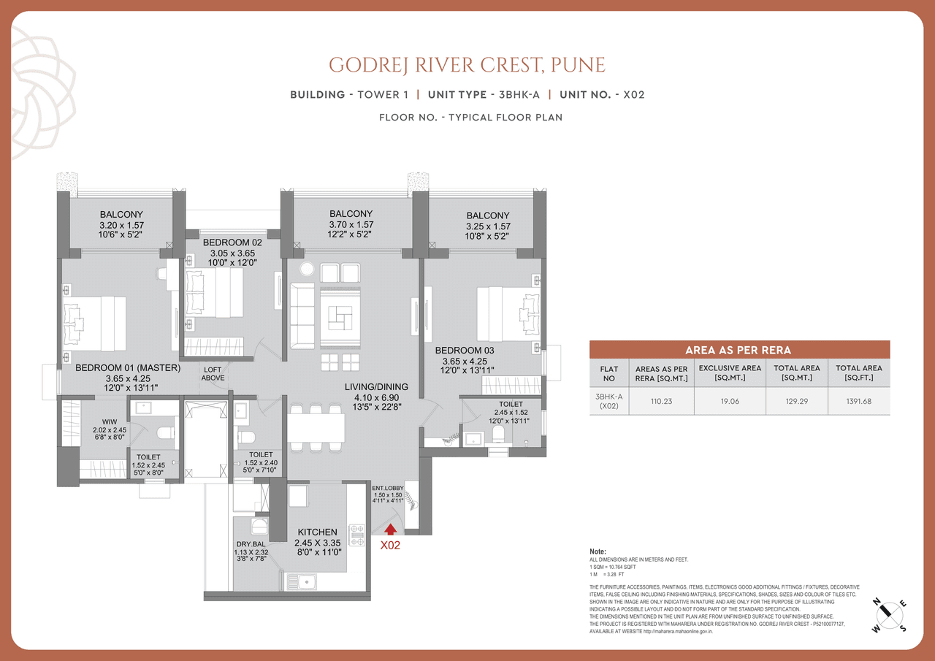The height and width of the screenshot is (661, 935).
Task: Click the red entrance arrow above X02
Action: [x=391, y=529]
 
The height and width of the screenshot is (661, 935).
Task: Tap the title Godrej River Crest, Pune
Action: [x=467, y=64]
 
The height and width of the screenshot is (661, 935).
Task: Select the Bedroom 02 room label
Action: [x=232, y=242]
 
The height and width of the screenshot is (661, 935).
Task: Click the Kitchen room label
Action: [x=316, y=532]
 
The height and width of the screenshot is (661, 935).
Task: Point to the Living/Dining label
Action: [x=377, y=386]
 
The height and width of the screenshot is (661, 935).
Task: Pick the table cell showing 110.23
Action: [x=661, y=401]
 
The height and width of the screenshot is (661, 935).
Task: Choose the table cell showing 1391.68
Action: [x=858, y=401]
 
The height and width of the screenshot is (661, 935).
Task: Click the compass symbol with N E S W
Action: [x=890, y=615]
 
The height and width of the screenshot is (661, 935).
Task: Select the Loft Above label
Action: [x=212, y=374]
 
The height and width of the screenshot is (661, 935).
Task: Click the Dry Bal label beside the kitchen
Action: [x=251, y=544]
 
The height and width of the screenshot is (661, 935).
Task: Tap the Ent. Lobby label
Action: [x=388, y=488]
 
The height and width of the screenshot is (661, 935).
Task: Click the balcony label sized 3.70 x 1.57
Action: [x=351, y=214]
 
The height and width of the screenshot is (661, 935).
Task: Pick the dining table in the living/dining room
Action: [x=316, y=428]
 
